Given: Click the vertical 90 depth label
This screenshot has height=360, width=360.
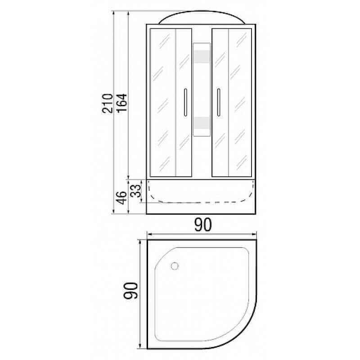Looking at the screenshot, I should [130, 292].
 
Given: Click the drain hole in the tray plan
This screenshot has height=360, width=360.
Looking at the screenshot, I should [175, 266].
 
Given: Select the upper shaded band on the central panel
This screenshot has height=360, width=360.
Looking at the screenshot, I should [202, 56].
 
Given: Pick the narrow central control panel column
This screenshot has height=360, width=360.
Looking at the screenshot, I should [202, 90].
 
